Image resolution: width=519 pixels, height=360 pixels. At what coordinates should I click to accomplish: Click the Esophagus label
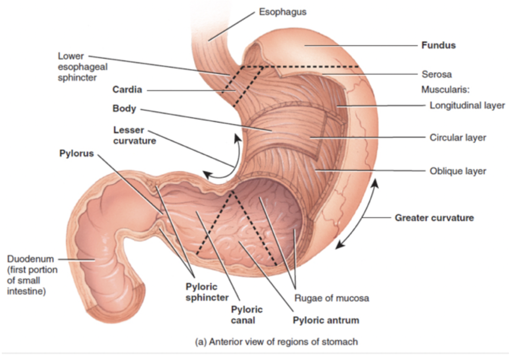[282, 12]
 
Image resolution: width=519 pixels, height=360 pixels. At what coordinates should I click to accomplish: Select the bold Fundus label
[438, 45]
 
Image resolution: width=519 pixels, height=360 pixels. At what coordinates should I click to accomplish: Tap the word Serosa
[436, 74]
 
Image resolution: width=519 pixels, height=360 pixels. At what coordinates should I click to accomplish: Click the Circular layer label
[458, 137]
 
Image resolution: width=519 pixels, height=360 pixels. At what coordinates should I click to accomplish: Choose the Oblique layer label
[458, 171]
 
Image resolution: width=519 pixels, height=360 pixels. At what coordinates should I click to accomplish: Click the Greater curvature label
[434, 218]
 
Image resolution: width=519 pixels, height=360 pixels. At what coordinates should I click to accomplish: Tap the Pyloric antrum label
[326, 320]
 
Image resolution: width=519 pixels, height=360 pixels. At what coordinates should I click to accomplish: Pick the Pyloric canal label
[247, 315]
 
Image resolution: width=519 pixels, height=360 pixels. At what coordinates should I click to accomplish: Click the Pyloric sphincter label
[207, 292]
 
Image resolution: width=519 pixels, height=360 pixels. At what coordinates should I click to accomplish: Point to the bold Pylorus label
[76, 153]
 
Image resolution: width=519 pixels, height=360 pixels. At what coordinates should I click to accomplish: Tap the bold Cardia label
[127, 90]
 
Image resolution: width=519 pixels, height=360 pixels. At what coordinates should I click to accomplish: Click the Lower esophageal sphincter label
[77, 67]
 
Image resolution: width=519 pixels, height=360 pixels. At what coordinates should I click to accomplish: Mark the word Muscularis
[442, 90]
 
